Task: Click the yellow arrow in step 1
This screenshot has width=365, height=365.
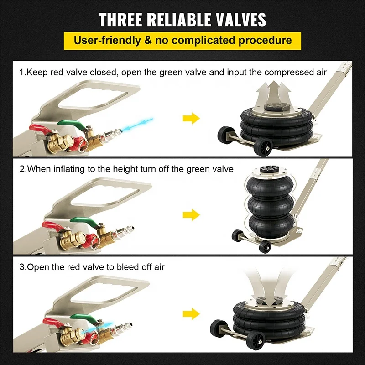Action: click(x=191, y=119)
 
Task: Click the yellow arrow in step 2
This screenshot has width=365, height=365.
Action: click(x=191, y=214)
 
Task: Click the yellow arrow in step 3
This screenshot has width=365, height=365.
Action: click(x=191, y=313)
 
